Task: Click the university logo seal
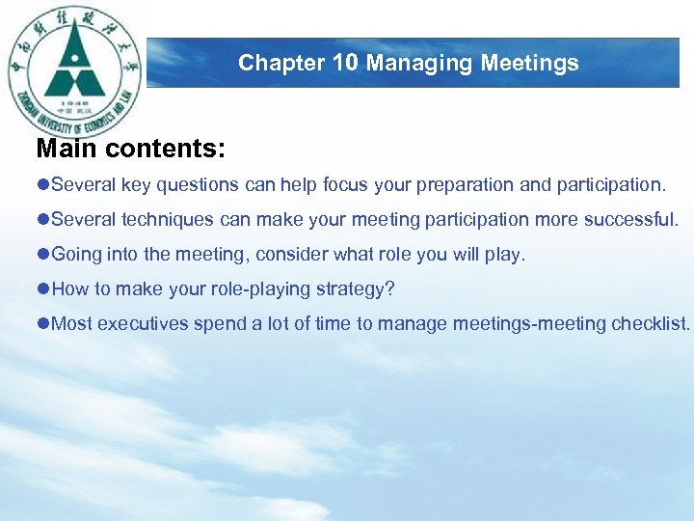(x=74, y=72)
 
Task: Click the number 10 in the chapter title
(x=346, y=64)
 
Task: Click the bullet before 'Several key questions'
(x=42, y=184)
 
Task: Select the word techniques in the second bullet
(x=164, y=219)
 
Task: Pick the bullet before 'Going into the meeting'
(x=42, y=254)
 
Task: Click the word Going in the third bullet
(x=74, y=255)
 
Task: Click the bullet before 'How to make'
(x=42, y=288)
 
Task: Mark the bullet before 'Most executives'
(x=42, y=323)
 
